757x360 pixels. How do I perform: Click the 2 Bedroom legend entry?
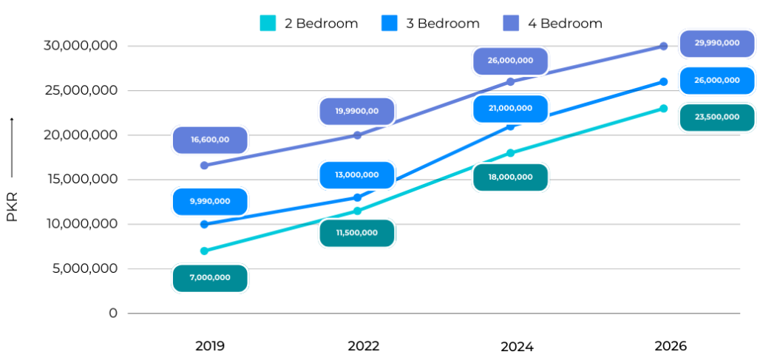[x=309, y=23]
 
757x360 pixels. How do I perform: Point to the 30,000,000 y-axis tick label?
[x=81, y=46]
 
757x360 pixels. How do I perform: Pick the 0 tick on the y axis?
[x=113, y=313]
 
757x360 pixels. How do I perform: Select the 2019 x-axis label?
[x=210, y=346]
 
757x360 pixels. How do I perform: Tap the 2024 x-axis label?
[x=517, y=347]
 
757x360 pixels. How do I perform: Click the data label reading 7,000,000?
[x=210, y=278]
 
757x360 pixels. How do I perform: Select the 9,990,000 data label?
[x=210, y=201]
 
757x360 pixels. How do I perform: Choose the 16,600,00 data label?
[x=210, y=140]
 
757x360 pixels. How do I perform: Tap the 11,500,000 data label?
[x=357, y=233]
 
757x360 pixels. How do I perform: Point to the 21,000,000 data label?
[x=510, y=109]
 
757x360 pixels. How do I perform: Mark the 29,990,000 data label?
[x=717, y=43]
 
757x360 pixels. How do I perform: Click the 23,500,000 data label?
[x=717, y=118]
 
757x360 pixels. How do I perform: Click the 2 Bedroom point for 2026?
[x=664, y=109]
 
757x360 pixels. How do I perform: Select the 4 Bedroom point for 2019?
[x=204, y=166]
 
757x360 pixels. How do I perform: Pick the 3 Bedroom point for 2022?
[x=357, y=197]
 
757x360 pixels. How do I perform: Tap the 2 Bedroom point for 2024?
[x=510, y=153]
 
